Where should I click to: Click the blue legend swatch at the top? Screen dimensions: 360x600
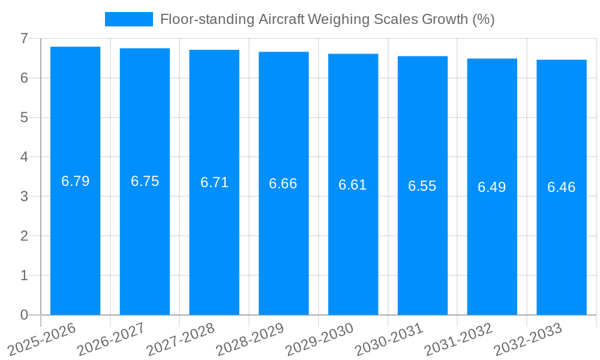(128, 19)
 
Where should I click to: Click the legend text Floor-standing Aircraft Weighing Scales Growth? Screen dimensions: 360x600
(327, 19)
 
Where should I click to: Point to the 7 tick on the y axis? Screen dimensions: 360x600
(24, 38)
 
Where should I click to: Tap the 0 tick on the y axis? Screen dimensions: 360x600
(24, 315)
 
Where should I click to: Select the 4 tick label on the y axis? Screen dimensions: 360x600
(24, 157)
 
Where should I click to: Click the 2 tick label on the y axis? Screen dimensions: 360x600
(24, 236)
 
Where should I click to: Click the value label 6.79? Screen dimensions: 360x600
(76, 181)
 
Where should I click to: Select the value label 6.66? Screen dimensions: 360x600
(283, 184)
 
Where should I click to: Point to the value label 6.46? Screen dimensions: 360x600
(561, 187)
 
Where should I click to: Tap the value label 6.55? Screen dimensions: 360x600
(422, 186)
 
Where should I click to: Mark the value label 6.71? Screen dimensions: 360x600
(214, 182)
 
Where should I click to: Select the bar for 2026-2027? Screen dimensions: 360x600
(145, 240)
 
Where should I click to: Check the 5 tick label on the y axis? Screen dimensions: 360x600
(24, 118)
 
